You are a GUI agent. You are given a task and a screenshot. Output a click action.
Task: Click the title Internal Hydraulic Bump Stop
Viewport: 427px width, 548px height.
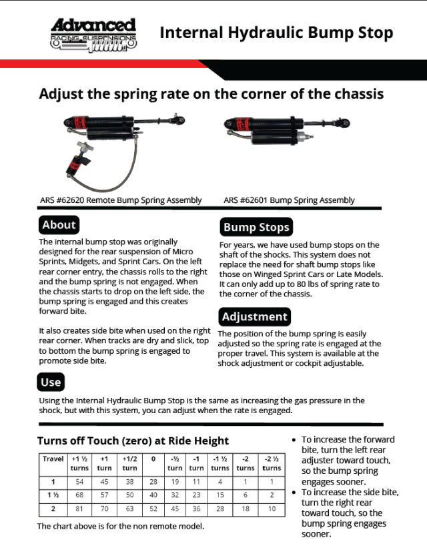[276, 33]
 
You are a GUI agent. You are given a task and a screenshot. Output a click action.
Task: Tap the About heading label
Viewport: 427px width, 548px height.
[59, 224]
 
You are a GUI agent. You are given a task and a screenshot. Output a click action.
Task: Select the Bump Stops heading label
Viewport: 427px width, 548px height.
[256, 227]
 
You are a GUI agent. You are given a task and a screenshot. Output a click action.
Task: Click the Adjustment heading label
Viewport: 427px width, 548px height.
[254, 316]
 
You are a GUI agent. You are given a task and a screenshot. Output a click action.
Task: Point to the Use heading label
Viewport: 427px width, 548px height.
[51, 382]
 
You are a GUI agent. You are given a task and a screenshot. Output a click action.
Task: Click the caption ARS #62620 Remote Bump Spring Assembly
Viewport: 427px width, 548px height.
[121, 200]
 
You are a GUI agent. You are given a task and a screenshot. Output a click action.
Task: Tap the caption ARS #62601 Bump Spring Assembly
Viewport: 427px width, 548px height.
[289, 200]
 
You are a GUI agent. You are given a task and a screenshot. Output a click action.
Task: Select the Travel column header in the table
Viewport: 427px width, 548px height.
[53, 459]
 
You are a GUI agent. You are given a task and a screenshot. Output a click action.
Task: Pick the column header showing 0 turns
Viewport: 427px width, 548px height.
[153, 459]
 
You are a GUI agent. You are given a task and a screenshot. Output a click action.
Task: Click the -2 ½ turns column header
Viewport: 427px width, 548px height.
[272, 463]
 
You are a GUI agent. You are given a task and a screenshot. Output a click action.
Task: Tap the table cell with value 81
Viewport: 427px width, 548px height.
[80, 509]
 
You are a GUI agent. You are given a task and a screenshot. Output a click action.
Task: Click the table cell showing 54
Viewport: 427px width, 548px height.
[80, 481]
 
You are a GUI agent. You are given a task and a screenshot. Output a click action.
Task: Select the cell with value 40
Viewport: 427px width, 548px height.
[153, 495]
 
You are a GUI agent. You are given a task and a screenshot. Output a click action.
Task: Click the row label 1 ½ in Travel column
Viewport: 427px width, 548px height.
[53, 495]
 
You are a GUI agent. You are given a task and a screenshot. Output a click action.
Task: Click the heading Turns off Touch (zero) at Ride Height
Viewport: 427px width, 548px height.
[133, 441]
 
